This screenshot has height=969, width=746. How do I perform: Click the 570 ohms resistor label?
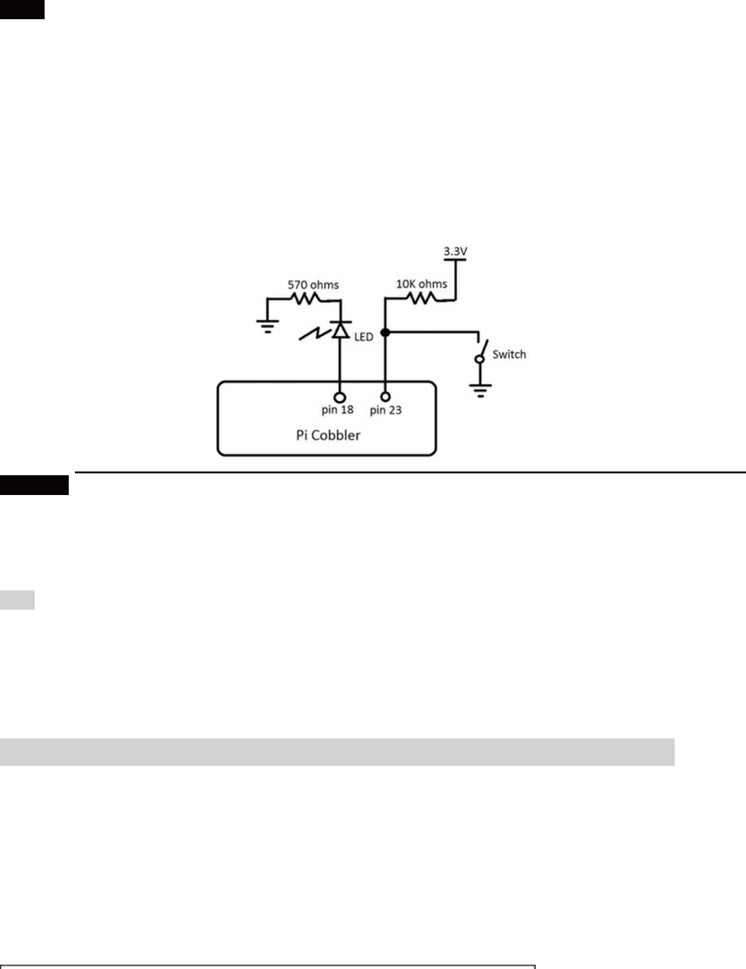tap(313, 285)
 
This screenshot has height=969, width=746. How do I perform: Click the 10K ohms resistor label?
tap(421, 284)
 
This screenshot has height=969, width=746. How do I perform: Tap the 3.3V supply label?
tap(455, 252)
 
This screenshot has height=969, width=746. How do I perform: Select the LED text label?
tap(364, 337)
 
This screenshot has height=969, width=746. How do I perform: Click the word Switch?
tap(509, 354)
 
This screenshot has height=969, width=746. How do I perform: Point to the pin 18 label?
tap(337, 410)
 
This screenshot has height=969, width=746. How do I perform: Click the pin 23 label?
tap(385, 410)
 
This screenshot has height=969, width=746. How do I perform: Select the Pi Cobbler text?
tap(328, 435)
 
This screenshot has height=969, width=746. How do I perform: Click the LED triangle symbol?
tap(340, 330)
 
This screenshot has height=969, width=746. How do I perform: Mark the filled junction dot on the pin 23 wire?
tap(385, 333)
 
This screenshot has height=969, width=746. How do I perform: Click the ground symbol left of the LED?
tap(268, 326)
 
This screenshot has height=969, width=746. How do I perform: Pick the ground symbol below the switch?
tap(480, 390)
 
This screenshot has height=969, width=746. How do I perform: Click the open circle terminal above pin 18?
tap(340, 397)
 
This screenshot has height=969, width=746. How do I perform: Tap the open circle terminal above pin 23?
tap(385, 396)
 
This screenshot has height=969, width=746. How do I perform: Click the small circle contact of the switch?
tap(480, 359)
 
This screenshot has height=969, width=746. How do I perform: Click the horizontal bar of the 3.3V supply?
tap(455, 260)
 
